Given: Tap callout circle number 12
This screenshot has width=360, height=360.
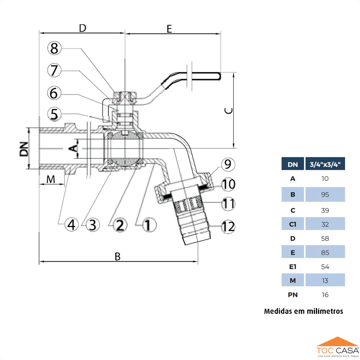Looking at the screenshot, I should tap(228, 227).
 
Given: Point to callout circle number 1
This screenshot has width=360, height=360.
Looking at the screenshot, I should tap(148, 224).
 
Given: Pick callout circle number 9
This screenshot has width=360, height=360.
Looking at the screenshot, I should tap(228, 164).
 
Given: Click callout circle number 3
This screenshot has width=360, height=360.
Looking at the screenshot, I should tap(92, 224).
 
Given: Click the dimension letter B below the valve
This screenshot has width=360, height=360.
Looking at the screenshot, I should tap(118, 257).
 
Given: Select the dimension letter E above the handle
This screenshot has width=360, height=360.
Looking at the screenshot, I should tap(169, 29).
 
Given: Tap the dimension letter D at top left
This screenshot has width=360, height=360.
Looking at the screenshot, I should tap(82, 28).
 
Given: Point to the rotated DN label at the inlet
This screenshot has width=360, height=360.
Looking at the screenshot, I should tap(24, 149).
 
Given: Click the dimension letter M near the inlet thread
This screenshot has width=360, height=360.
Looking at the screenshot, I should tap(51, 179).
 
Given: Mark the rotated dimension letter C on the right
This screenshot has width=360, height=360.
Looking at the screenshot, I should tap(229, 111).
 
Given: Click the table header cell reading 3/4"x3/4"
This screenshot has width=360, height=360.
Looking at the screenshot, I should tap(325, 164).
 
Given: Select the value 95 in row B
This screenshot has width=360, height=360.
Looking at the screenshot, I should tap(325, 194).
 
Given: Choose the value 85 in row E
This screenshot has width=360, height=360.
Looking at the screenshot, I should tap(325, 252).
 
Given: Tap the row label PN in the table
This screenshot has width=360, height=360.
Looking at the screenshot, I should tap(293, 295).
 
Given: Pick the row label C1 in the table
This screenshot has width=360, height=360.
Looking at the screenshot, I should tap(293, 224).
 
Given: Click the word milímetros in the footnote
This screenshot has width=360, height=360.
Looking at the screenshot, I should tap(324, 311).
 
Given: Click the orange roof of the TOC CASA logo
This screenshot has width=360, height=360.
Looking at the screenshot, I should tap(337, 341).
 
